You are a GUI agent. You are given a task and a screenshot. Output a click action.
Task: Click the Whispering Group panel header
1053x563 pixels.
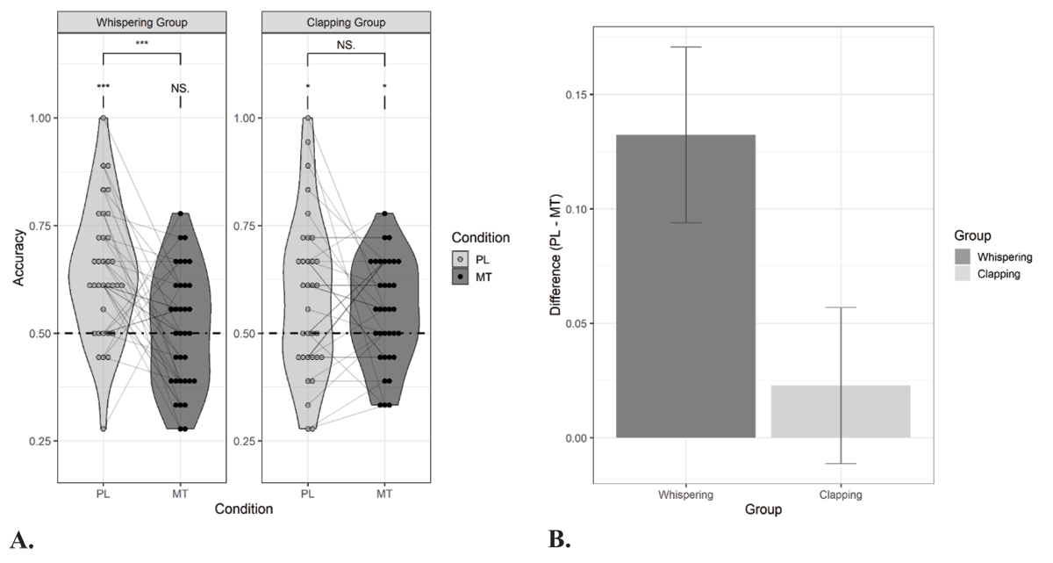(141, 21)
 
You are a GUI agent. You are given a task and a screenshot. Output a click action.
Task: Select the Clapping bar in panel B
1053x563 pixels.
(840, 411)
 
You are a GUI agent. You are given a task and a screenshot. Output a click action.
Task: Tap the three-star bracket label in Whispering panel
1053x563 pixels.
(141, 42)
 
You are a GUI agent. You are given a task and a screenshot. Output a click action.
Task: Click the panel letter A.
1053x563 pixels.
(20, 540)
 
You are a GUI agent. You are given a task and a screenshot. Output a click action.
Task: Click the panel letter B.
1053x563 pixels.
(559, 540)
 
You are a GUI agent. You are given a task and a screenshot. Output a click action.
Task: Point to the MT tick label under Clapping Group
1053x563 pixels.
(384, 493)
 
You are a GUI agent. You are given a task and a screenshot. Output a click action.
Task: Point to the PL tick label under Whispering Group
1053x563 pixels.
(103, 493)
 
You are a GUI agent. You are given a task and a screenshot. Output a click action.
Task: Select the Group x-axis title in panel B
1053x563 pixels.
(763, 509)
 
